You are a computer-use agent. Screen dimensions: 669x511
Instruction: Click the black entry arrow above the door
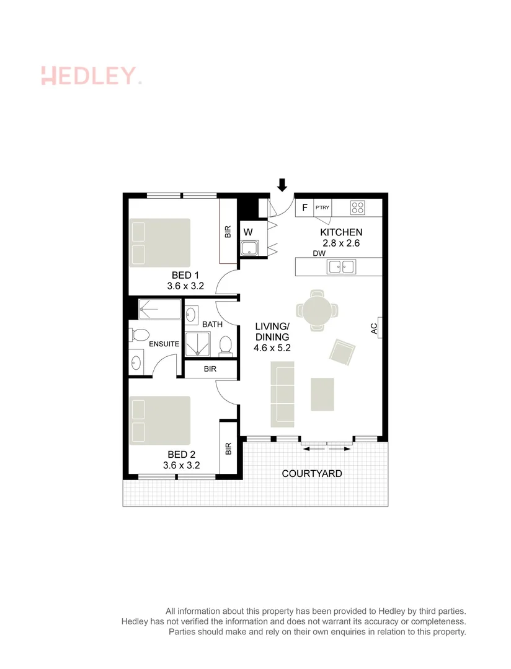click(282, 185)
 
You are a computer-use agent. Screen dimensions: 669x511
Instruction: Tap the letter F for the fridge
click(304, 208)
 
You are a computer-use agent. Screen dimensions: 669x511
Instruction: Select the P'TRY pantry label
click(322, 208)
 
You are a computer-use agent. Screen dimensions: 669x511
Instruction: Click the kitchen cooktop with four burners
click(358, 208)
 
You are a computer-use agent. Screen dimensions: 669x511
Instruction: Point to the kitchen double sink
click(340, 267)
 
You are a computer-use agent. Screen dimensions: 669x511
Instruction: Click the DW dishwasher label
click(319, 254)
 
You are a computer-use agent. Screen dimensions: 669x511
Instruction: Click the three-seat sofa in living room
click(282, 395)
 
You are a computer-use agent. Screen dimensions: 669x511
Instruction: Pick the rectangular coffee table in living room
click(322, 395)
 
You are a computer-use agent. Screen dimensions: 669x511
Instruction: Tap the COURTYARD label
click(312, 473)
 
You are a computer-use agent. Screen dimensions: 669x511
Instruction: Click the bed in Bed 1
click(159, 243)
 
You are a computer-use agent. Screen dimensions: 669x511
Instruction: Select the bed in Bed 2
click(159, 421)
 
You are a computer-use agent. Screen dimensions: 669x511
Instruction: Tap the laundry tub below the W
click(249, 250)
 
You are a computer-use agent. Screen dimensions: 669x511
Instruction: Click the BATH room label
click(212, 324)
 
